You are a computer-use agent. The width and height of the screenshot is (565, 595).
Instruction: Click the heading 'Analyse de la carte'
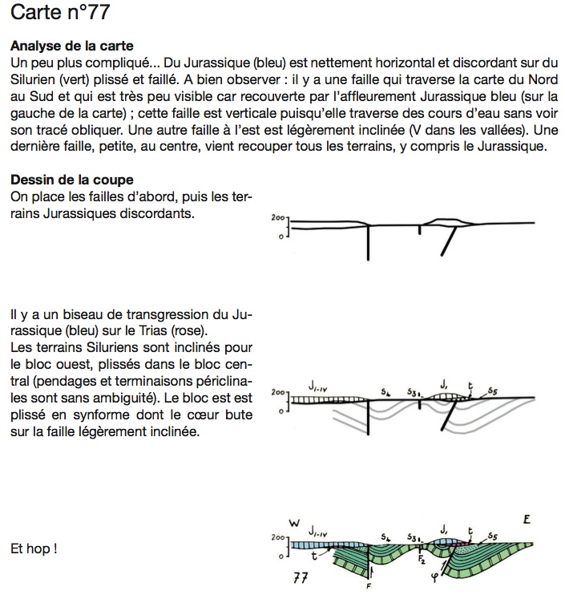coord(72,46)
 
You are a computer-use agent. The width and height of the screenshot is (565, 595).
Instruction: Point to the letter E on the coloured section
coord(527,520)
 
